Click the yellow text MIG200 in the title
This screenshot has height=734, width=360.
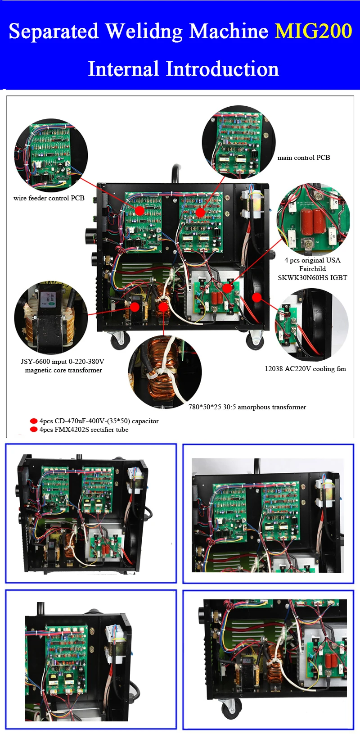313,32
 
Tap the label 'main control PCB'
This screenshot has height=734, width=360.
304,158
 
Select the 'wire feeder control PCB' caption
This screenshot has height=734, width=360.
49,198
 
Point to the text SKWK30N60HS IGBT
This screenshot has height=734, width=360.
312,277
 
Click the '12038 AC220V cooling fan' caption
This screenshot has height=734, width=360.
305,369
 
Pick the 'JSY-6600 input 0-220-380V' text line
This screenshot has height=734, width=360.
63,362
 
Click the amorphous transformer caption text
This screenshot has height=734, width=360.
247,407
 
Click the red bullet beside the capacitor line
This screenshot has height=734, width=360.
33,421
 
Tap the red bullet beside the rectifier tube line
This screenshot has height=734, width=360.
33,430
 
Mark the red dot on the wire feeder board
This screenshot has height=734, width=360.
139,211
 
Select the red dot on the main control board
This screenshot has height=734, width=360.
200,212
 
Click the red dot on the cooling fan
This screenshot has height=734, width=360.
256,297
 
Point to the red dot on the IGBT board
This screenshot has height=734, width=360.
228,288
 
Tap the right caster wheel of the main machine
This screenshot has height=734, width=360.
255,340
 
